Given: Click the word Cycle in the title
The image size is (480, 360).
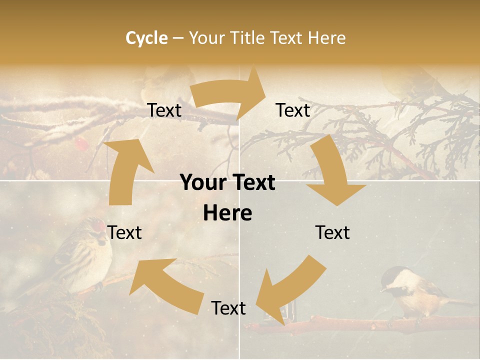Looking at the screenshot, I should (x=146, y=38).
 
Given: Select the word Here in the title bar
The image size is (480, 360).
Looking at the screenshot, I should (x=326, y=38).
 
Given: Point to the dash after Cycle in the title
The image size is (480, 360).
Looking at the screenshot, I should (x=177, y=38).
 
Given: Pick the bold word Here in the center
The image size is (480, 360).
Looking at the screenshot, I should (x=227, y=213).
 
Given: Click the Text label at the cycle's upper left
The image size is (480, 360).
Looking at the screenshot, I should (x=164, y=110).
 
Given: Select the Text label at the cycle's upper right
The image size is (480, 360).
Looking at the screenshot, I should (x=293, y=110).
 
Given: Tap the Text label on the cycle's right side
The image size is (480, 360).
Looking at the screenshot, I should (x=332, y=232).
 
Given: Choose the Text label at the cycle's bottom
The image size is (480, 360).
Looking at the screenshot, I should (x=228, y=308).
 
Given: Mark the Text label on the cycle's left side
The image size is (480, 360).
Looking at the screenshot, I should (x=125, y=232).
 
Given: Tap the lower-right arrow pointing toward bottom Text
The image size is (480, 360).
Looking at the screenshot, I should (x=290, y=287).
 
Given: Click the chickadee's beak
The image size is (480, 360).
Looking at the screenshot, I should (x=382, y=288).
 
